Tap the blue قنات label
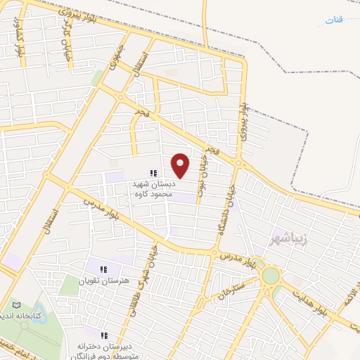pos(335,19)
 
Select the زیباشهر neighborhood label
pos(291,239)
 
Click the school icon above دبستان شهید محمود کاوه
pos(153,173)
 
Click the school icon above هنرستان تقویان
pos(104,269)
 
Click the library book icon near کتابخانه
pos(17,306)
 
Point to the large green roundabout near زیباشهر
pos(271,275)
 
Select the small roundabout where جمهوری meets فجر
pos(121,98)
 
